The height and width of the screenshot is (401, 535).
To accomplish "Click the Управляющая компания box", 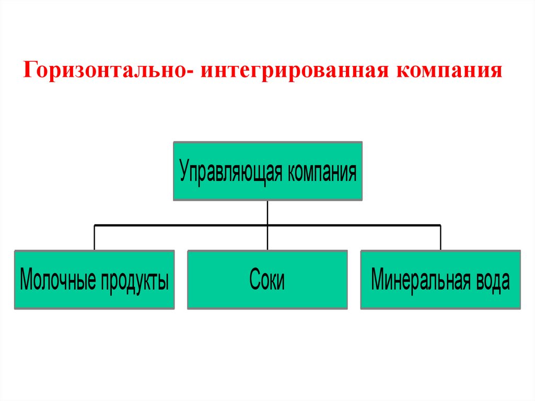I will [x=267, y=171].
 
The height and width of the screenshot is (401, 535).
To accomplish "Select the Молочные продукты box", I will [x=94, y=280].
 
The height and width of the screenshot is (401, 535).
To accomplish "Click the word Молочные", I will [x=57, y=281].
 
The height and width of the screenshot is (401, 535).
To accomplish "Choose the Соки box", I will [x=267, y=280].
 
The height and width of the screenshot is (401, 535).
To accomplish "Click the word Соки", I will [x=267, y=281].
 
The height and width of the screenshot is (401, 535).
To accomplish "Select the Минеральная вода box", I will [x=440, y=280].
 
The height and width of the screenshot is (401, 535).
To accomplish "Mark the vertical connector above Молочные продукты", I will [x=94, y=238].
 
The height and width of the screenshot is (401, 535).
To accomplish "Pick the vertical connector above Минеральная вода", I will [x=440, y=238].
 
